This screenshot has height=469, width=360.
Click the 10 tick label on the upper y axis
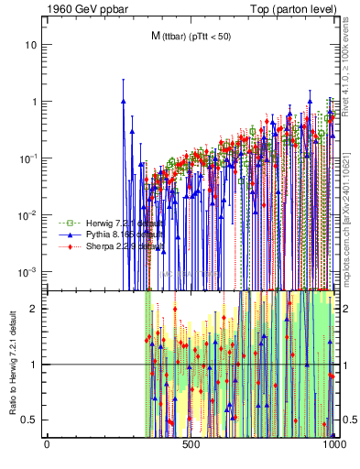[x=31, y=45]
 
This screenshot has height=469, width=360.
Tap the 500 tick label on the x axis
[x=191, y=446]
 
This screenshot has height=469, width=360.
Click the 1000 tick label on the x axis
[x=335, y=446]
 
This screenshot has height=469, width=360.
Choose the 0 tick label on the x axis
[x=48, y=446]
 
